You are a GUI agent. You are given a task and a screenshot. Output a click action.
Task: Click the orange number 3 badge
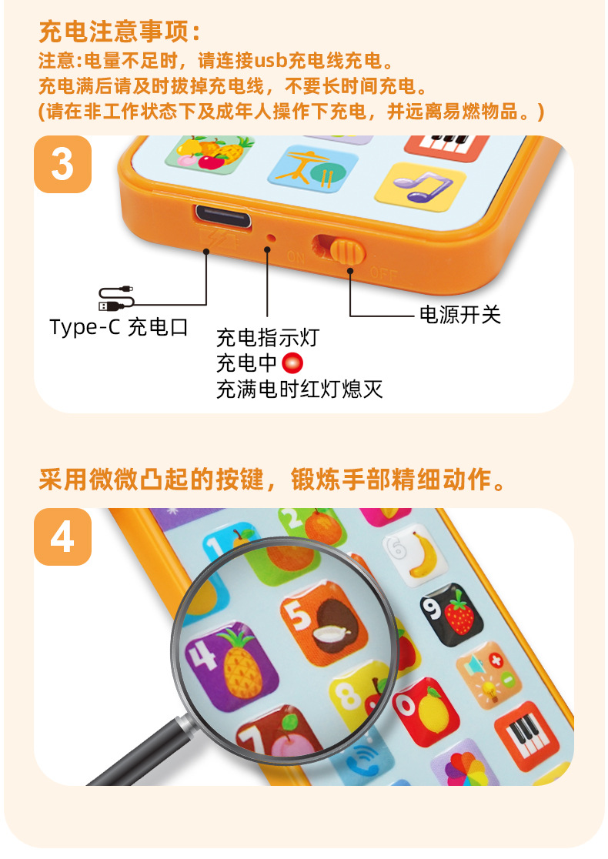(x=62, y=165)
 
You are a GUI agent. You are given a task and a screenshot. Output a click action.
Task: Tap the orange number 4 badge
(x=62, y=537)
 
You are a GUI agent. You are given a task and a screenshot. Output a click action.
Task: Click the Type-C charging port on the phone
(x=223, y=216)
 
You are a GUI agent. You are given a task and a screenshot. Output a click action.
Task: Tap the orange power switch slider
(x=347, y=252)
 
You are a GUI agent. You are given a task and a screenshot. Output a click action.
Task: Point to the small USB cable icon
(x=116, y=298)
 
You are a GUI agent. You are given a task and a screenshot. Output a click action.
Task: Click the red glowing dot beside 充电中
(x=292, y=363)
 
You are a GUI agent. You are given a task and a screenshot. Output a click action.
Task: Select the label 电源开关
(x=460, y=315)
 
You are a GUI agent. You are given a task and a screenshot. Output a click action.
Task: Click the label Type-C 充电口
(x=119, y=327)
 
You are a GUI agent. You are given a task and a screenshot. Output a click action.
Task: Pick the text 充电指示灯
(x=268, y=337)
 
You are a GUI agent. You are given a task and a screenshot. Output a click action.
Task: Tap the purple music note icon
(x=421, y=186)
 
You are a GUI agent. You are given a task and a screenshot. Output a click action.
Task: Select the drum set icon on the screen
(x=312, y=169)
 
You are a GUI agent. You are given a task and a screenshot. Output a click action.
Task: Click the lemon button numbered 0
(x=426, y=712)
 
